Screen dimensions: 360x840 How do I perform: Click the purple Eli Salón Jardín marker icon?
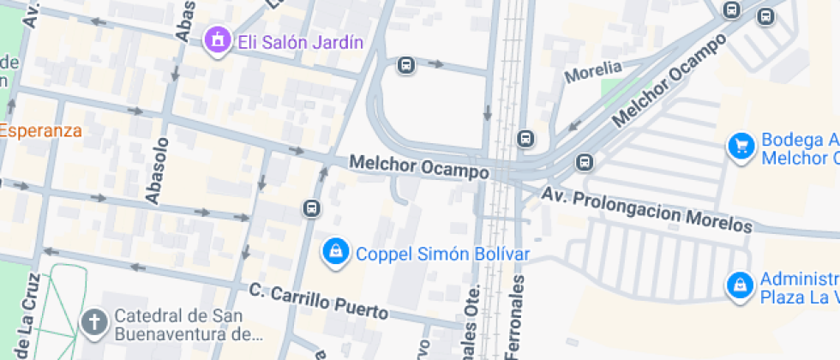[218, 39]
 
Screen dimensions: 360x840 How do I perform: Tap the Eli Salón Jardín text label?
[300, 42]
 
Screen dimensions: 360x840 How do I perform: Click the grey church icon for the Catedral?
[93, 322]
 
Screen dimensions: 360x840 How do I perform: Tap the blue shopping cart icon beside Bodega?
[740, 146]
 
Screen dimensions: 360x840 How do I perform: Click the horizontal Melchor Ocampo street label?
[419, 167]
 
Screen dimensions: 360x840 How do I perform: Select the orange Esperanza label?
[41, 131]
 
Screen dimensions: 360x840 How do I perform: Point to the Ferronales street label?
[518, 317]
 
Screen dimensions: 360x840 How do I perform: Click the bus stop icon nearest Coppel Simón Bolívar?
[311, 208]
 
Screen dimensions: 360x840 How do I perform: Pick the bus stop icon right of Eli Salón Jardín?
[406, 64]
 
